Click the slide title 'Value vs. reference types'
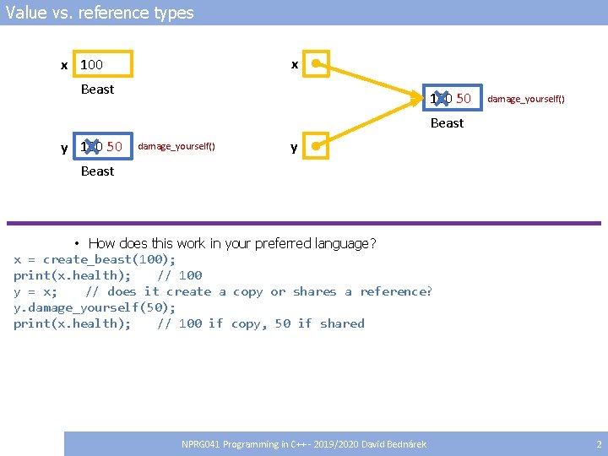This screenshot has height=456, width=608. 100,13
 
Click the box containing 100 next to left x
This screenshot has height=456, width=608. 103,64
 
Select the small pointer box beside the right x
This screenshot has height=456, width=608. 317,63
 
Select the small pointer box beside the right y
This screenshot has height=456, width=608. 317,146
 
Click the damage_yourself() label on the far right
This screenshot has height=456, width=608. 525,99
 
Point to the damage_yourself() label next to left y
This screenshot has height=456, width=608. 176,147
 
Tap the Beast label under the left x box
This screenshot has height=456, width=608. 97,89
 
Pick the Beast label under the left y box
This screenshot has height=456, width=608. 97,171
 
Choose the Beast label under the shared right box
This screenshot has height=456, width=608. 447,122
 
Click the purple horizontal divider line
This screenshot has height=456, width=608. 304,223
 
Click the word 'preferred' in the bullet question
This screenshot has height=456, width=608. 272,243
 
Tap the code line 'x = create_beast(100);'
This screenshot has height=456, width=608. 95,259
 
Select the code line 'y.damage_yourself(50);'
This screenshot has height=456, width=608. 95,307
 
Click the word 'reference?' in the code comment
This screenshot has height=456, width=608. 396,291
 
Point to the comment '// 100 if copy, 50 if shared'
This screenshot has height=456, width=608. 260,323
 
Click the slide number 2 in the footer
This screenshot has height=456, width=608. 599,444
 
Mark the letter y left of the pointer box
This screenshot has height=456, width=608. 294,148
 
